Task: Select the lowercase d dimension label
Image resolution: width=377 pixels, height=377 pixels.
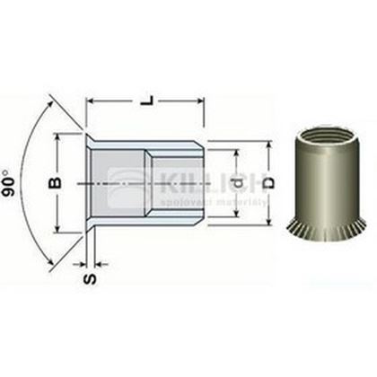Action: (x=235, y=183)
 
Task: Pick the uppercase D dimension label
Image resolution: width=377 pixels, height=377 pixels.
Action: (x=262, y=183)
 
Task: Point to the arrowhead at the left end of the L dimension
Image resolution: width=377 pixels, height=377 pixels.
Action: (x=90, y=105)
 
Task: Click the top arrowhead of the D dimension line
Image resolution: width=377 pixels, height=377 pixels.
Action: (x=267, y=145)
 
